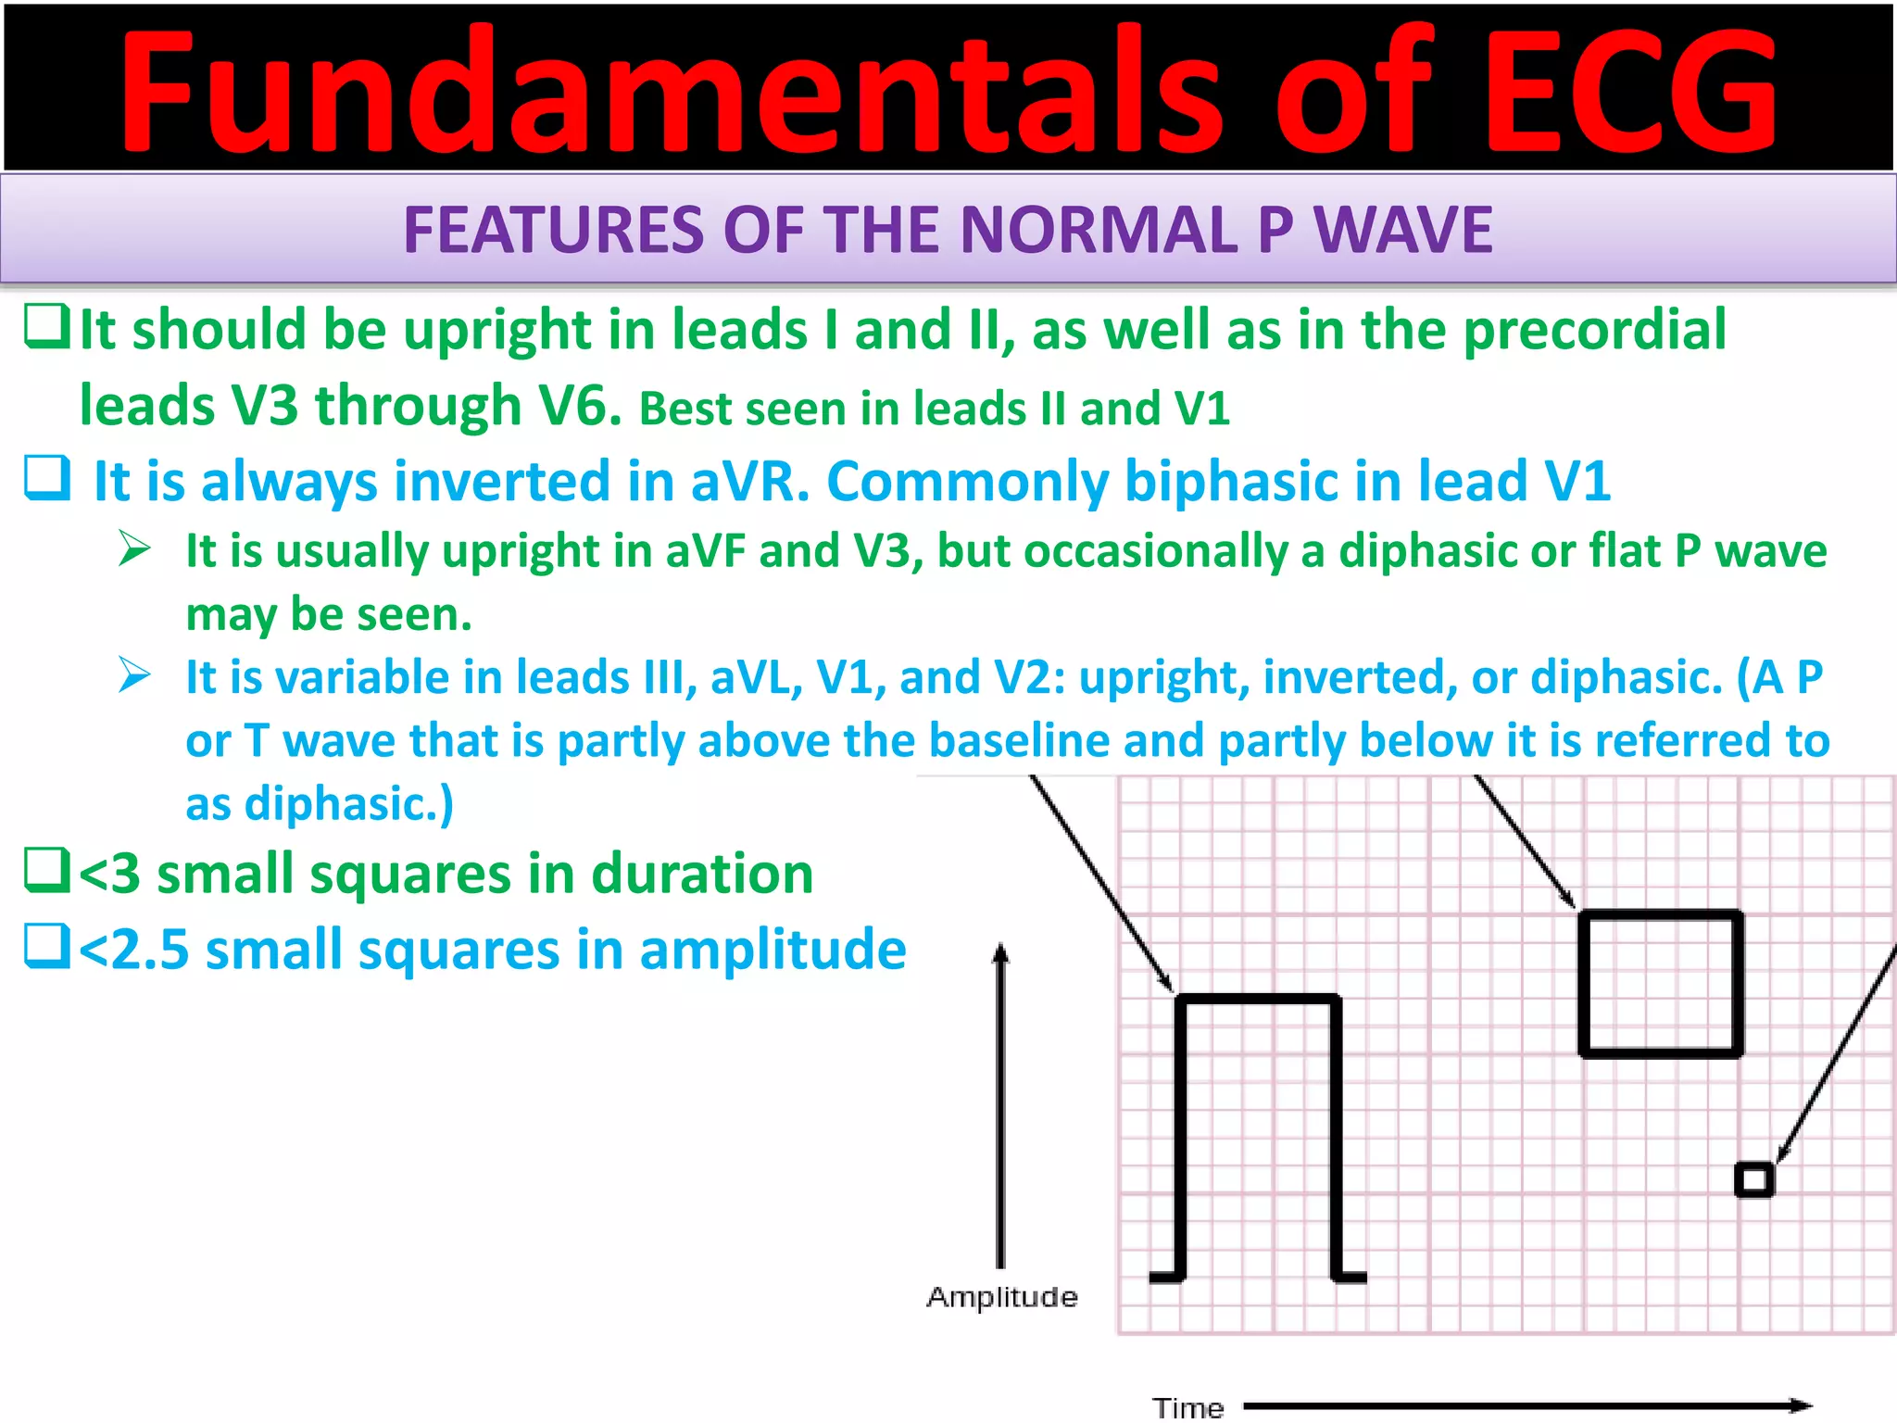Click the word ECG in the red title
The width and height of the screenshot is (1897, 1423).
coord(1630,93)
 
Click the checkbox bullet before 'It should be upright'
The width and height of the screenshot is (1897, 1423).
coord(46,327)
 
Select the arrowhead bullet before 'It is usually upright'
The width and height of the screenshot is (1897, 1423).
coord(134,548)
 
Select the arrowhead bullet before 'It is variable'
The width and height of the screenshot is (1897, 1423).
coord(134,674)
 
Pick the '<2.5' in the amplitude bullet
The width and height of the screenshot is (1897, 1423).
coord(133,951)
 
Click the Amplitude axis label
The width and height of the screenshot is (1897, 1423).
coord(1002,1297)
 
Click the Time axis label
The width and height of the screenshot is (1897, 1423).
coord(1187,1408)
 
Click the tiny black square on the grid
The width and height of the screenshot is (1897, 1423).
coord(1753,1180)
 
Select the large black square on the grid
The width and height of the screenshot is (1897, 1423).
coord(1661,984)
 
